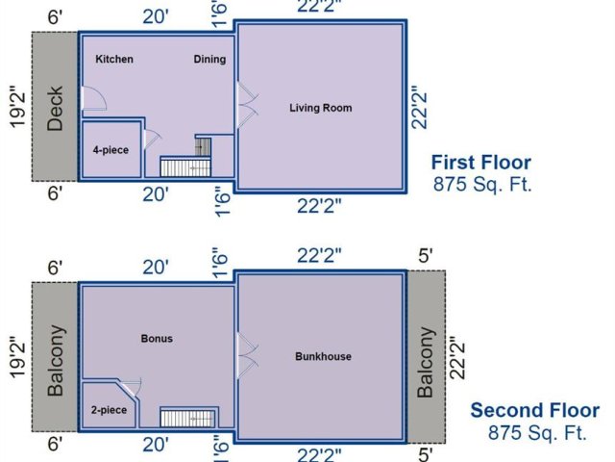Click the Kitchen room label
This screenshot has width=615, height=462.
(x=114, y=59)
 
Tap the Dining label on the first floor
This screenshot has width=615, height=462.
(x=209, y=60)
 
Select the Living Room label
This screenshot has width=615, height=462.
(x=321, y=108)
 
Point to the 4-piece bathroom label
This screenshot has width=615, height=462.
(x=111, y=150)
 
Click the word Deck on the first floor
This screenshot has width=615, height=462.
(x=55, y=108)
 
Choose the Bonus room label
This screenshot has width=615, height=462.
(x=157, y=339)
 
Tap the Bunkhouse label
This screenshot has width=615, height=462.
(x=323, y=357)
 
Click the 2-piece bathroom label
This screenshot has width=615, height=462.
(x=109, y=410)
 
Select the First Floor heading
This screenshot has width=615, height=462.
(x=481, y=163)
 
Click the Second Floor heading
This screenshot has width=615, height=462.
(x=535, y=411)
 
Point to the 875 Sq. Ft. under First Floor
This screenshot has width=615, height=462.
(x=482, y=184)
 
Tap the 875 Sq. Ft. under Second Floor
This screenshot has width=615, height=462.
(x=537, y=432)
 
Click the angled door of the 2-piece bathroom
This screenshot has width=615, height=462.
(x=130, y=389)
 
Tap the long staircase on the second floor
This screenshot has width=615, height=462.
(x=188, y=419)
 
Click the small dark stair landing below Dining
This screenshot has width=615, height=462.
(x=203, y=147)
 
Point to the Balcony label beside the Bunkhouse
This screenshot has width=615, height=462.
(x=425, y=362)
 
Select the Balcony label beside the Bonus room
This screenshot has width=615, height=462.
(x=56, y=360)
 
